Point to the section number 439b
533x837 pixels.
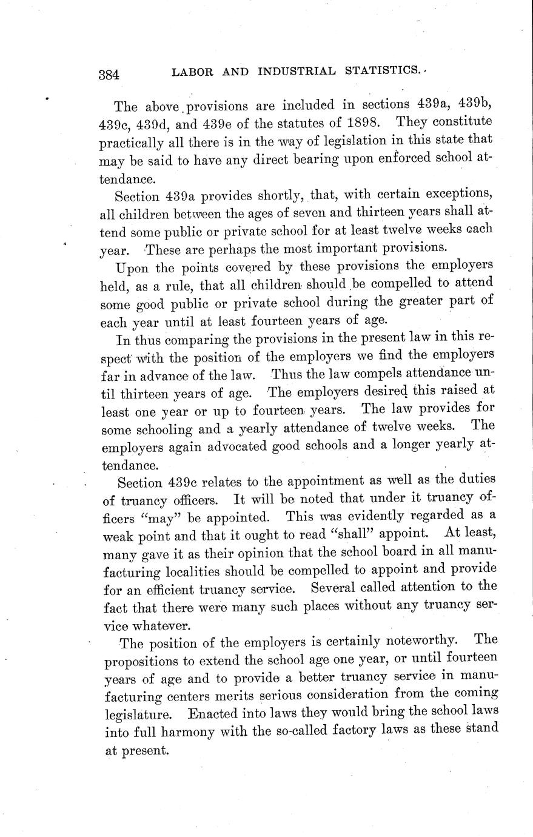tap(471, 105)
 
